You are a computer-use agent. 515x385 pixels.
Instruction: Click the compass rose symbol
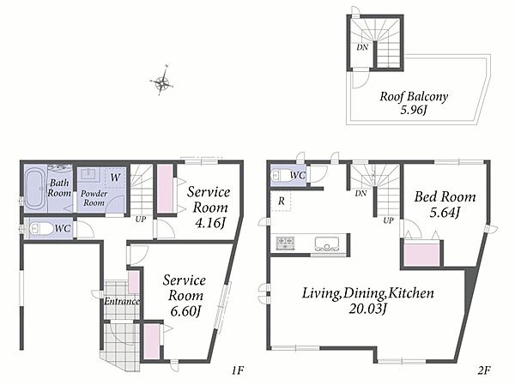click(x=161, y=81)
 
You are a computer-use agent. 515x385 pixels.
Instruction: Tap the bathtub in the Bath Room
click(x=35, y=189)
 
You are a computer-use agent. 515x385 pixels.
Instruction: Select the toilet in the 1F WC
click(x=41, y=229)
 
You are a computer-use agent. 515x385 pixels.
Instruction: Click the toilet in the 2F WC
click(x=279, y=175)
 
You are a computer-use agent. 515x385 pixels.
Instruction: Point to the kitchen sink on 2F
click(x=326, y=244)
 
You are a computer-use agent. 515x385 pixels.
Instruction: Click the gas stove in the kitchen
click(x=286, y=244)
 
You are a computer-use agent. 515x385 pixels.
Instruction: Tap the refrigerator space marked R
click(x=282, y=201)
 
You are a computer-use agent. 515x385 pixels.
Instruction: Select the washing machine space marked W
click(x=115, y=177)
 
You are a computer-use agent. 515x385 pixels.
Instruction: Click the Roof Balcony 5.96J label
click(x=414, y=103)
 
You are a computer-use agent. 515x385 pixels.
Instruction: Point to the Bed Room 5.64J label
click(x=445, y=204)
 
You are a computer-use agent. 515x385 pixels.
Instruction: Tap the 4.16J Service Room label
click(x=209, y=208)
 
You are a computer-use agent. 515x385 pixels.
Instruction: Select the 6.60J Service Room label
click(x=185, y=296)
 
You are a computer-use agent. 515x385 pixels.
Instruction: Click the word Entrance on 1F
click(x=122, y=301)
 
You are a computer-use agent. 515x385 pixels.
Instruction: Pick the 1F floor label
click(x=238, y=370)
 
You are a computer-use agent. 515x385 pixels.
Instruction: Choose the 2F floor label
click(x=484, y=370)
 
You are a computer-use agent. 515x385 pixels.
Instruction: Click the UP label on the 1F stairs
click(x=141, y=219)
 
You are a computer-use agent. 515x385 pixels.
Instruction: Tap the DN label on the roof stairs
click(x=362, y=47)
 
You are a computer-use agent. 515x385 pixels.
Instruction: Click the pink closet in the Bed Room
click(x=421, y=254)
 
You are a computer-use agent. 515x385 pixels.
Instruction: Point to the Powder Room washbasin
click(x=88, y=173)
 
